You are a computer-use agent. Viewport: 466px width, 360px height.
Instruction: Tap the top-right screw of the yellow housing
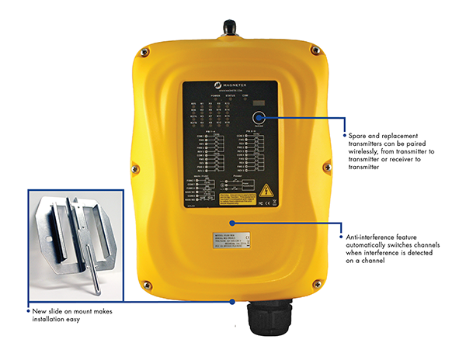click(x=315, y=50)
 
